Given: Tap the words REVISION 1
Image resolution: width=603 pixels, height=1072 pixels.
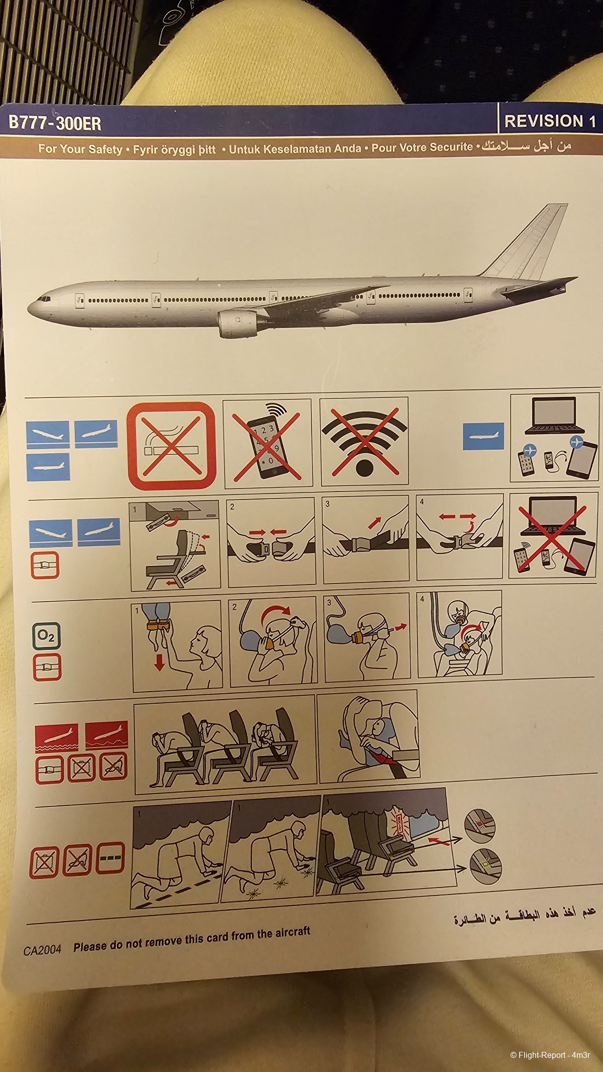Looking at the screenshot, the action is pos(549,121).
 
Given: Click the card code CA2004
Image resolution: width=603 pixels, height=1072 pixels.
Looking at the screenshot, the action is pos(42,950).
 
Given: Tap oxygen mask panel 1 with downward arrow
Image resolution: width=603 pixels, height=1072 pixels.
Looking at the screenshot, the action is pos(176,646).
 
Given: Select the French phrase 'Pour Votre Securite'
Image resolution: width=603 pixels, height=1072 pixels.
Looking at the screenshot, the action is pos(422,147).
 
